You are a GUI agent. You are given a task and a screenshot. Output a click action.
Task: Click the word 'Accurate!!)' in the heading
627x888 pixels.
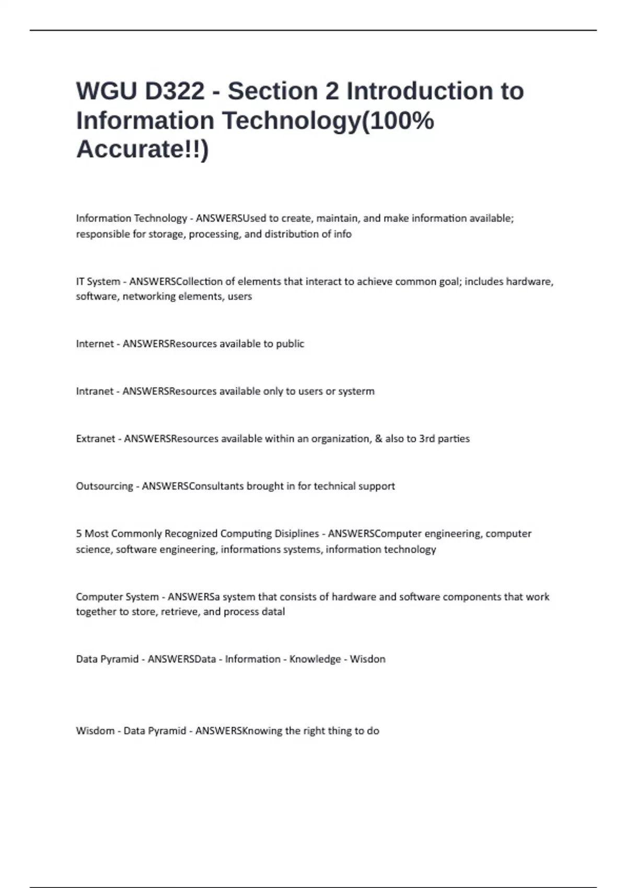coord(142,149)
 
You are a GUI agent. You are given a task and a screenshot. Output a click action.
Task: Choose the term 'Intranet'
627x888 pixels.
coord(95,391)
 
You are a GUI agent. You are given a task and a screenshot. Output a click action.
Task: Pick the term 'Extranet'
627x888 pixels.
coord(95,439)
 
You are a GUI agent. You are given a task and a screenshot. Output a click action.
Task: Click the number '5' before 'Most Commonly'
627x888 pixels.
coord(79,534)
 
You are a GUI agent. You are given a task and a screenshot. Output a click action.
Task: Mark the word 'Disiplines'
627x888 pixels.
coord(297,534)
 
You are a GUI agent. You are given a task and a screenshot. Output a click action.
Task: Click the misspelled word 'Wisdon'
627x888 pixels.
coord(367,659)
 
